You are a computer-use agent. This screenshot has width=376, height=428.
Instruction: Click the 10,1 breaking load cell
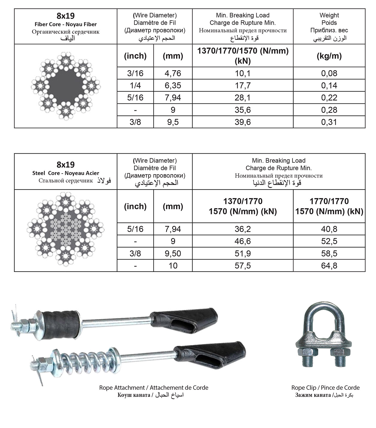point(242,73)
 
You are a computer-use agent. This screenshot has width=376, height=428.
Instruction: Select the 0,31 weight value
point(329,122)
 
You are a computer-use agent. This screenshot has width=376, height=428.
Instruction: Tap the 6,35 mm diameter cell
point(173,86)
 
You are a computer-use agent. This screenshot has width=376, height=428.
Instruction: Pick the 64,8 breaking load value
point(329,266)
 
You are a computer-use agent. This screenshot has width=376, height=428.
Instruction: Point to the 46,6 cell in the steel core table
point(242,241)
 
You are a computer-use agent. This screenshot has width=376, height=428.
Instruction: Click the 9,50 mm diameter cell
point(173,253)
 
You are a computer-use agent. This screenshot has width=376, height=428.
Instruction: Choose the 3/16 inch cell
point(135,73)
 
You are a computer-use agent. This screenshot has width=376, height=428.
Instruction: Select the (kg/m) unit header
point(329,56)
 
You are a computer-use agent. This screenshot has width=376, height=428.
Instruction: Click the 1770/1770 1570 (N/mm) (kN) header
point(329,206)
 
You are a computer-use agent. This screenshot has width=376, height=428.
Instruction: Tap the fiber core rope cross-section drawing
point(66,86)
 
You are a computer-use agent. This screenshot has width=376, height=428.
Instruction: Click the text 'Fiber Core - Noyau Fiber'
point(66,24)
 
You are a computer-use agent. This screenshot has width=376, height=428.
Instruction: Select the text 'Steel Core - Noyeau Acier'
point(66,173)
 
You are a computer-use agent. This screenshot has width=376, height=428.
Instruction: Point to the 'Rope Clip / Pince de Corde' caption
point(325,388)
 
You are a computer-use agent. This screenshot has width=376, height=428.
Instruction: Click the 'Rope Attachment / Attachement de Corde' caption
point(154,388)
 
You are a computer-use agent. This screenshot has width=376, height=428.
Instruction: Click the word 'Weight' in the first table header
point(329,15)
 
